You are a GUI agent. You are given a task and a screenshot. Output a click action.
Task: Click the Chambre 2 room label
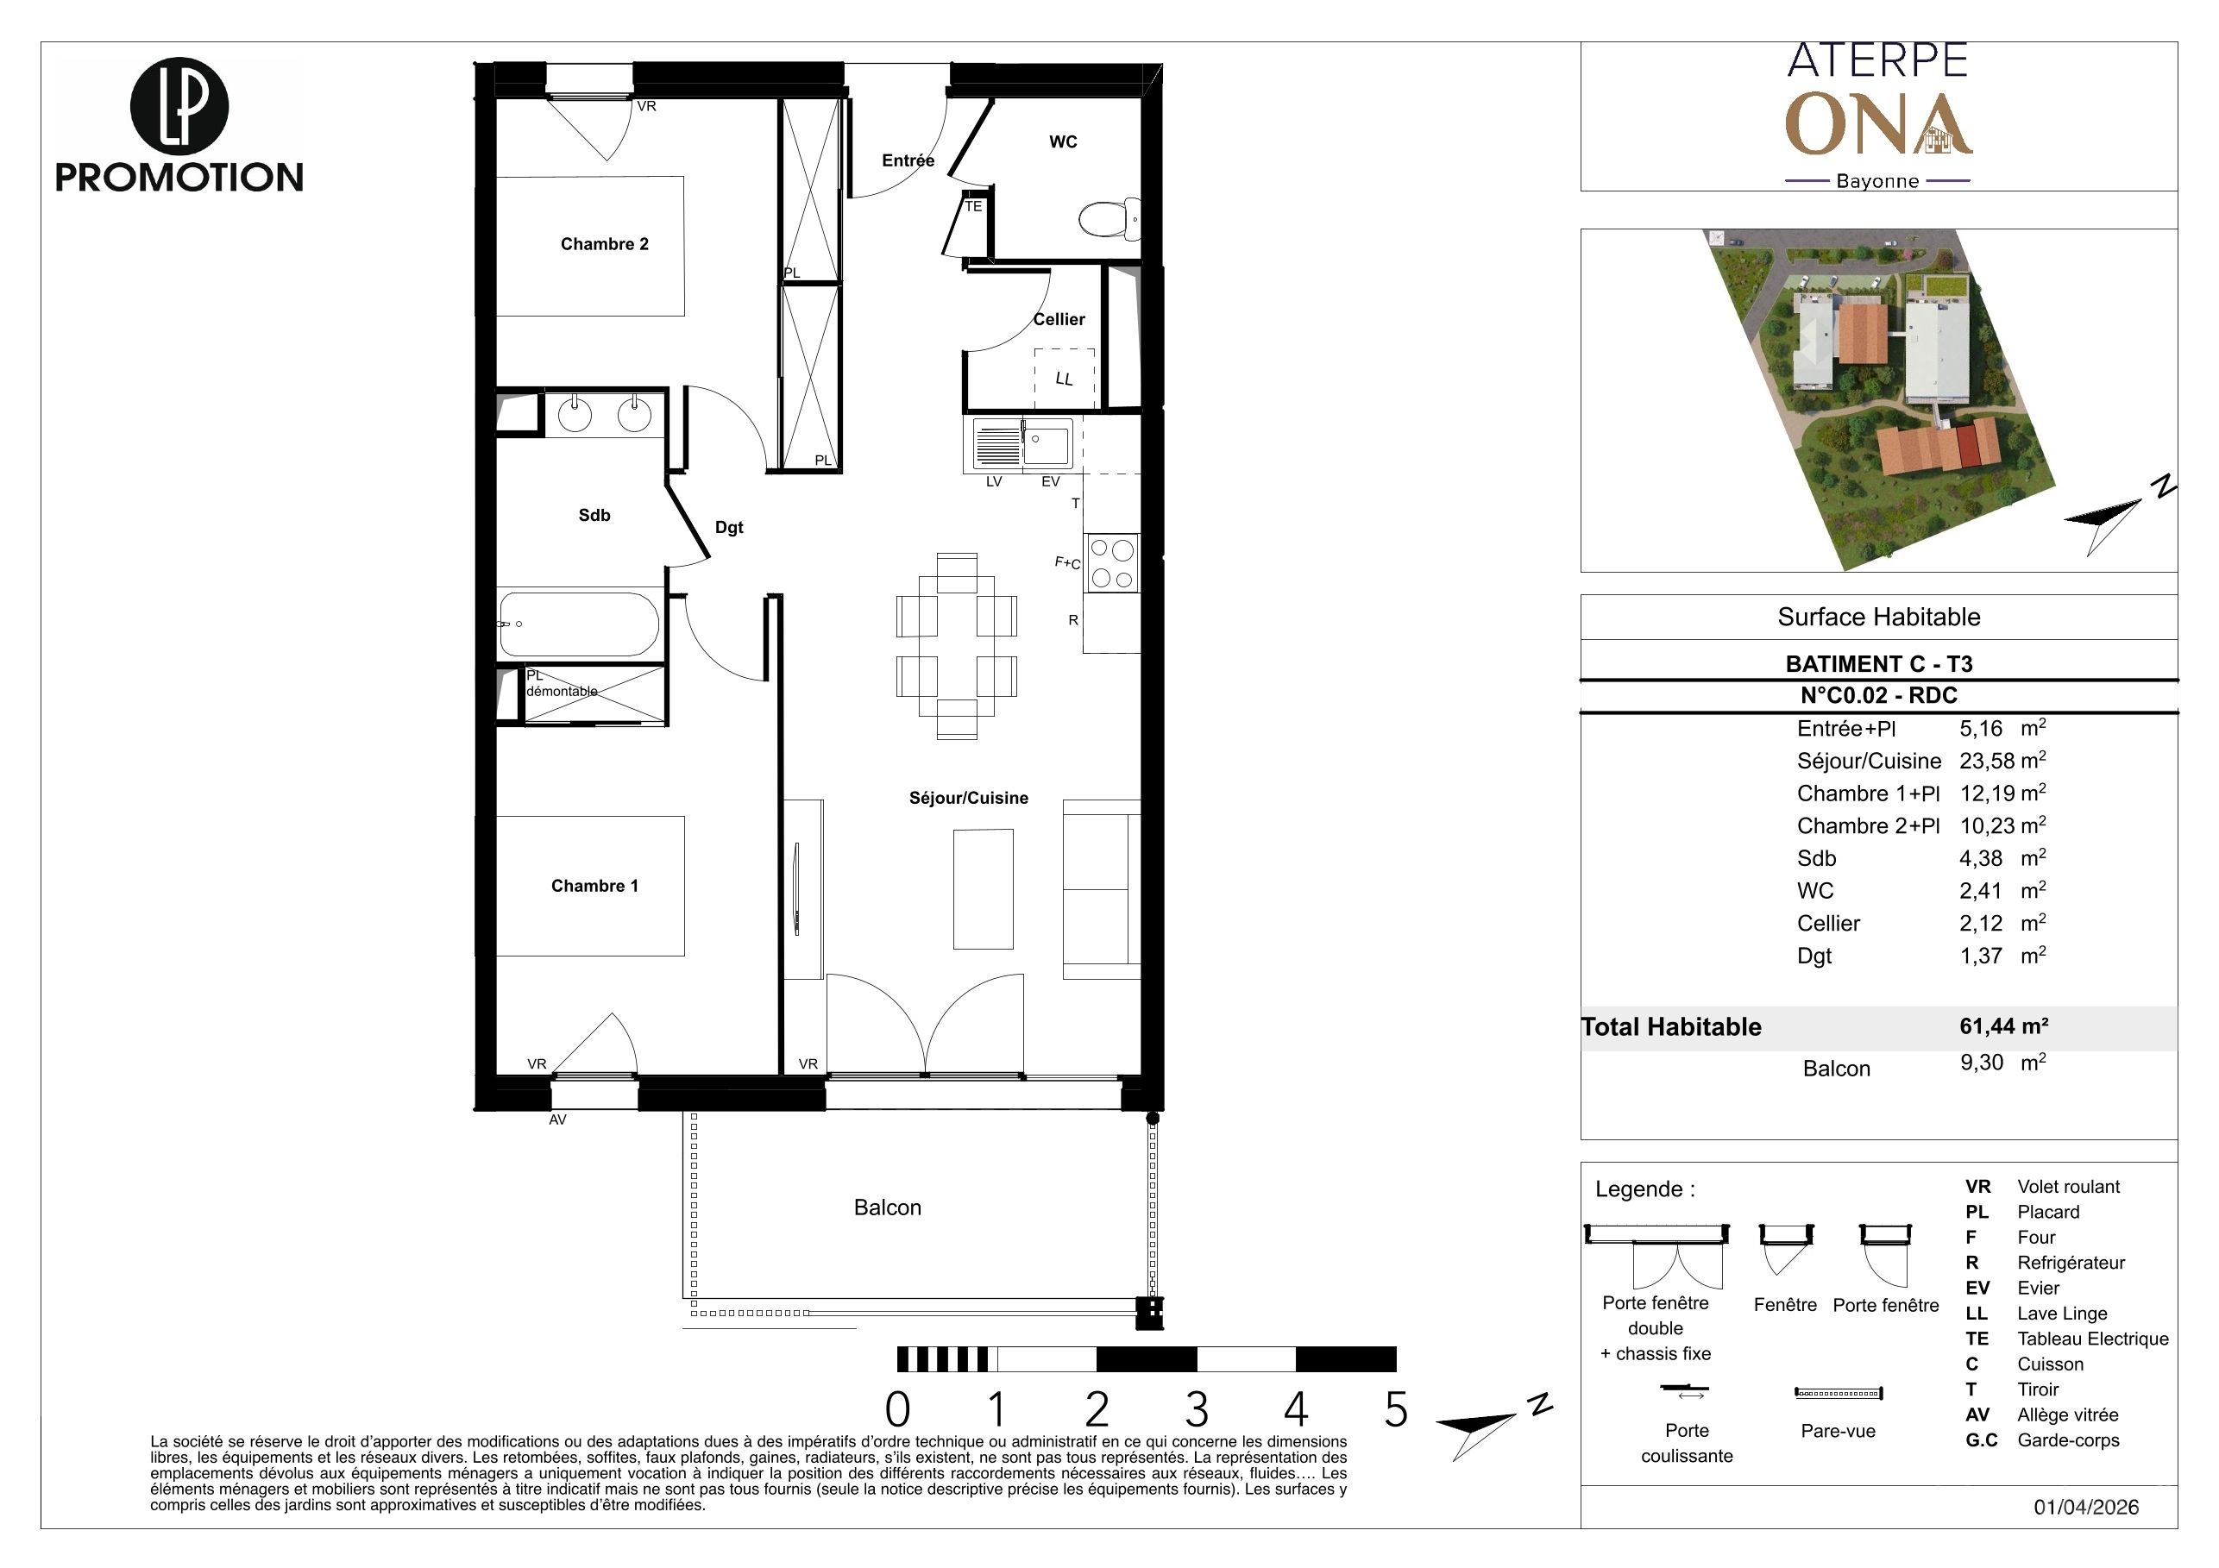tap(604, 244)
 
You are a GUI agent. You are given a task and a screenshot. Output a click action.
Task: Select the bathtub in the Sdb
tap(579, 625)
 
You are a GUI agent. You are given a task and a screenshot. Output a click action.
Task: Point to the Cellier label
tap(1059, 320)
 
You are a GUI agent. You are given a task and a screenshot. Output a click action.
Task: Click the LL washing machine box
tap(1064, 378)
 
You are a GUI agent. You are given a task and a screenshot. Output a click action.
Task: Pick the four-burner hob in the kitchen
tap(1111, 564)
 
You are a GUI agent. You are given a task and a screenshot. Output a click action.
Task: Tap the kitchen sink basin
tap(1047, 445)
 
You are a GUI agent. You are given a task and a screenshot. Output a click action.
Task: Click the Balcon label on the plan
tap(887, 1207)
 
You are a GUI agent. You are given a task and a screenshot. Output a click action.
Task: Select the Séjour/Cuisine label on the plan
tap(968, 798)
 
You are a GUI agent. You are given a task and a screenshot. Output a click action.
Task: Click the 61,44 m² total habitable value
tap(2003, 1026)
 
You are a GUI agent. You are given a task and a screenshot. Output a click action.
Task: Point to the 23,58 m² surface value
tap(2002, 761)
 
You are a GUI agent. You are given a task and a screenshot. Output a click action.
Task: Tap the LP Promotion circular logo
tap(179, 106)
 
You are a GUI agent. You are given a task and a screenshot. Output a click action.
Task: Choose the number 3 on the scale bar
tap(1197, 1410)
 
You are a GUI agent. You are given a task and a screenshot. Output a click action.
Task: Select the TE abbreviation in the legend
tap(1977, 1339)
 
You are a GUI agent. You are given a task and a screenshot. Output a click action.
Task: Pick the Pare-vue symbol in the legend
tap(1839, 1393)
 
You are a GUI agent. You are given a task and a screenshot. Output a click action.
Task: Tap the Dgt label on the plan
tap(729, 528)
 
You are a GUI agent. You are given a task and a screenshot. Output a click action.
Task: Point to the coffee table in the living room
tap(983, 889)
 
